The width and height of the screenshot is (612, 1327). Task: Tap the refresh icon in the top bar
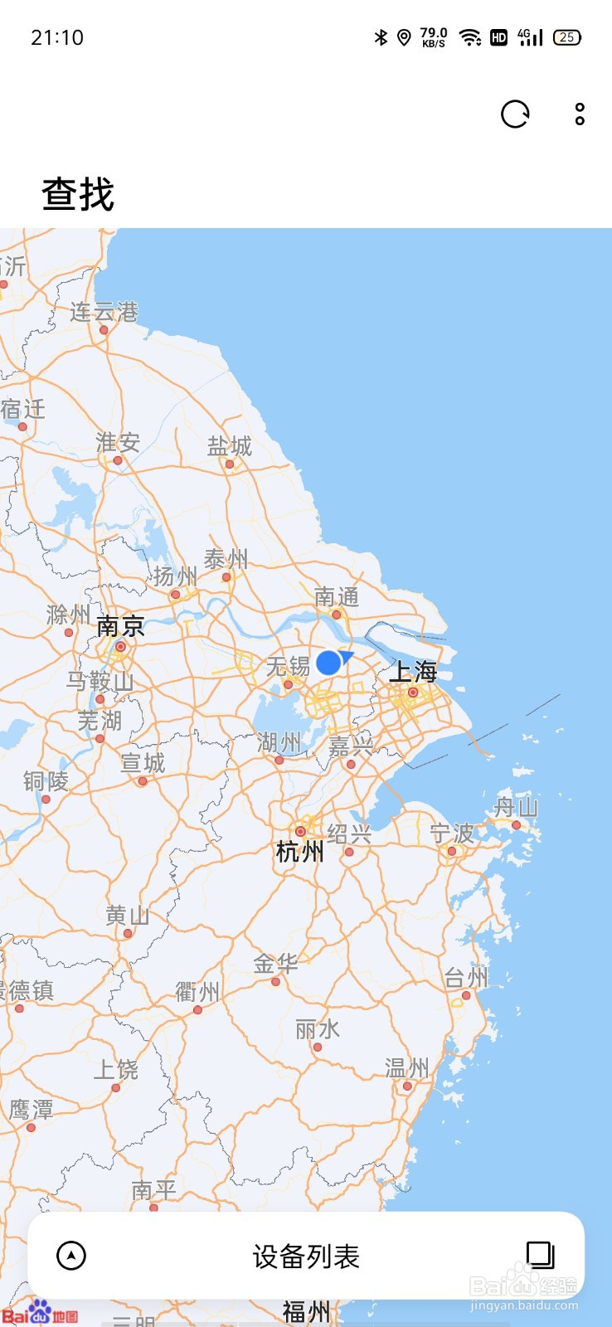click(x=515, y=114)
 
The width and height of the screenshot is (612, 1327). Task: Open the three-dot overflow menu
click(x=580, y=114)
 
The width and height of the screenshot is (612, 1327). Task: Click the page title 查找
click(x=78, y=194)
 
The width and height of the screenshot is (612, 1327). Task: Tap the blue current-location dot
click(x=328, y=662)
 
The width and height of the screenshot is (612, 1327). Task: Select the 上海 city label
click(x=413, y=672)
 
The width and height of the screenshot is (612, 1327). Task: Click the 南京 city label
click(x=120, y=626)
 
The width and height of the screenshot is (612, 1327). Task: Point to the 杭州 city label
click(x=299, y=851)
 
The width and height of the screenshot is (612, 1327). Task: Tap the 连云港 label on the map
click(x=104, y=313)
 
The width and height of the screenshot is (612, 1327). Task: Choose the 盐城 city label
click(x=229, y=447)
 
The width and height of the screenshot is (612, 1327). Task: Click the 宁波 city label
click(x=452, y=834)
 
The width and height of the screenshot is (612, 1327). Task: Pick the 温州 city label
click(x=407, y=1068)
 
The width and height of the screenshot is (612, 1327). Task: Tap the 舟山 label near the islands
click(x=516, y=807)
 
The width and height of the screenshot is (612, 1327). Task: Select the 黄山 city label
click(x=128, y=916)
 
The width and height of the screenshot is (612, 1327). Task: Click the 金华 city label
click(x=275, y=964)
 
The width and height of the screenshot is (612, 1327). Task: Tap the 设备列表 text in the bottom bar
click(x=306, y=1257)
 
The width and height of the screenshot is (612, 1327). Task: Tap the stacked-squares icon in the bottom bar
click(x=540, y=1255)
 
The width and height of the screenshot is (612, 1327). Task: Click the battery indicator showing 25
click(x=567, y=37)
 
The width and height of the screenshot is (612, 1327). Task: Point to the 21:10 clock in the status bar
click(x=57, y=37)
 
